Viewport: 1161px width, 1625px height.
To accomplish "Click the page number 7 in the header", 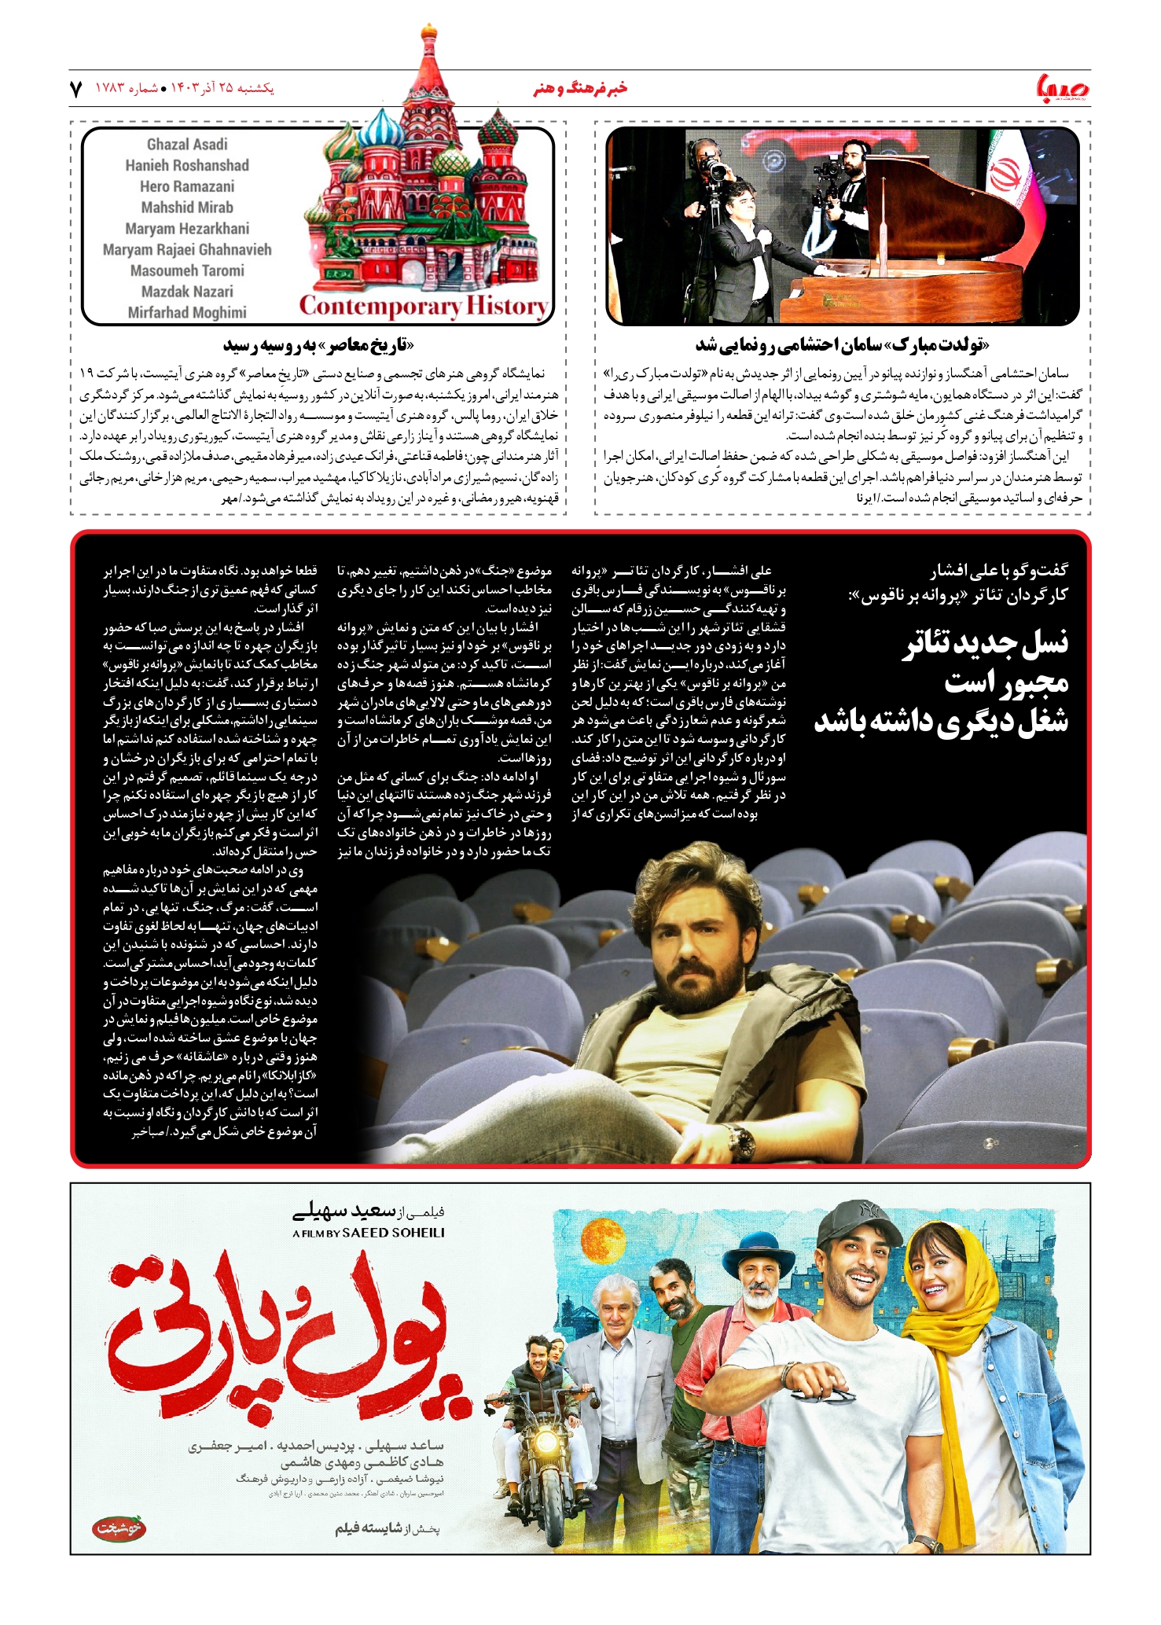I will pyautogui.click(x=76, y=89).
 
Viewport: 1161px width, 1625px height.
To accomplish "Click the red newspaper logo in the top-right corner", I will pyautogui.click(x=1063, y=88).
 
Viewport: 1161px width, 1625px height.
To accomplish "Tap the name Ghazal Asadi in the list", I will pyautogui.click(x=187, y=145).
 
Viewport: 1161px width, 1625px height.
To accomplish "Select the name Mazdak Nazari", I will pyautogui.click(x=187, y=292).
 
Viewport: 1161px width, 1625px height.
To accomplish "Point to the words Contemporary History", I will pyautogui.click(x=424, y=307).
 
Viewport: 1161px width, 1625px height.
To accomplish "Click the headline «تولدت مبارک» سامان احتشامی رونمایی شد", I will pyautogui.click(x=842, y=345).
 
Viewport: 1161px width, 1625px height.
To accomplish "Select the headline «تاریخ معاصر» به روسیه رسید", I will pyautogui.click(x=318, y=345).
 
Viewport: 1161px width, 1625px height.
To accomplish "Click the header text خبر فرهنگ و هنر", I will pyautogui.click(x=580, y=89).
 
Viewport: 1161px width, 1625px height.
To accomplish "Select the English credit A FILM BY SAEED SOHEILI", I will pyautogui.click(x=369, y=1233).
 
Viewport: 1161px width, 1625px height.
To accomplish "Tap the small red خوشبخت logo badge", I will pyautogui.click(x=119, y=1529).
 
